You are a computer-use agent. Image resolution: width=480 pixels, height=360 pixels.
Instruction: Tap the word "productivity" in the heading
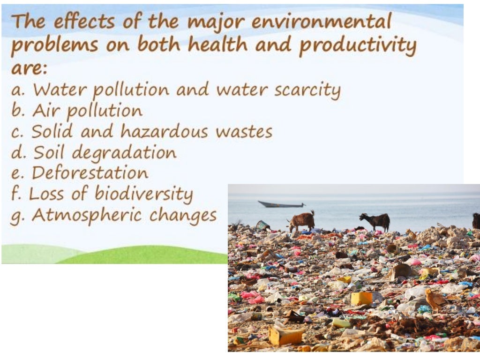358,46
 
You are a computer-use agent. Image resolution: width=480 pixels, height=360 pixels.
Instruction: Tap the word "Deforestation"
90,173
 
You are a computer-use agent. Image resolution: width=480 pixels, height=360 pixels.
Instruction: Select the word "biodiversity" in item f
144,195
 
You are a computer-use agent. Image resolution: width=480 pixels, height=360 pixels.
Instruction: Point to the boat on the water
281,204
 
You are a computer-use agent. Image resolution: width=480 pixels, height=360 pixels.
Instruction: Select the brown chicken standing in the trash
435,299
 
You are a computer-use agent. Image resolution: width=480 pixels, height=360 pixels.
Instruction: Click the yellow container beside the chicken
361,298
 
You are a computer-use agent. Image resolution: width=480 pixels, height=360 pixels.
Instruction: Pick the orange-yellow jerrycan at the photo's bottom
285,336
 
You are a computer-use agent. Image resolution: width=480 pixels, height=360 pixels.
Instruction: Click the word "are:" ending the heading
29,68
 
